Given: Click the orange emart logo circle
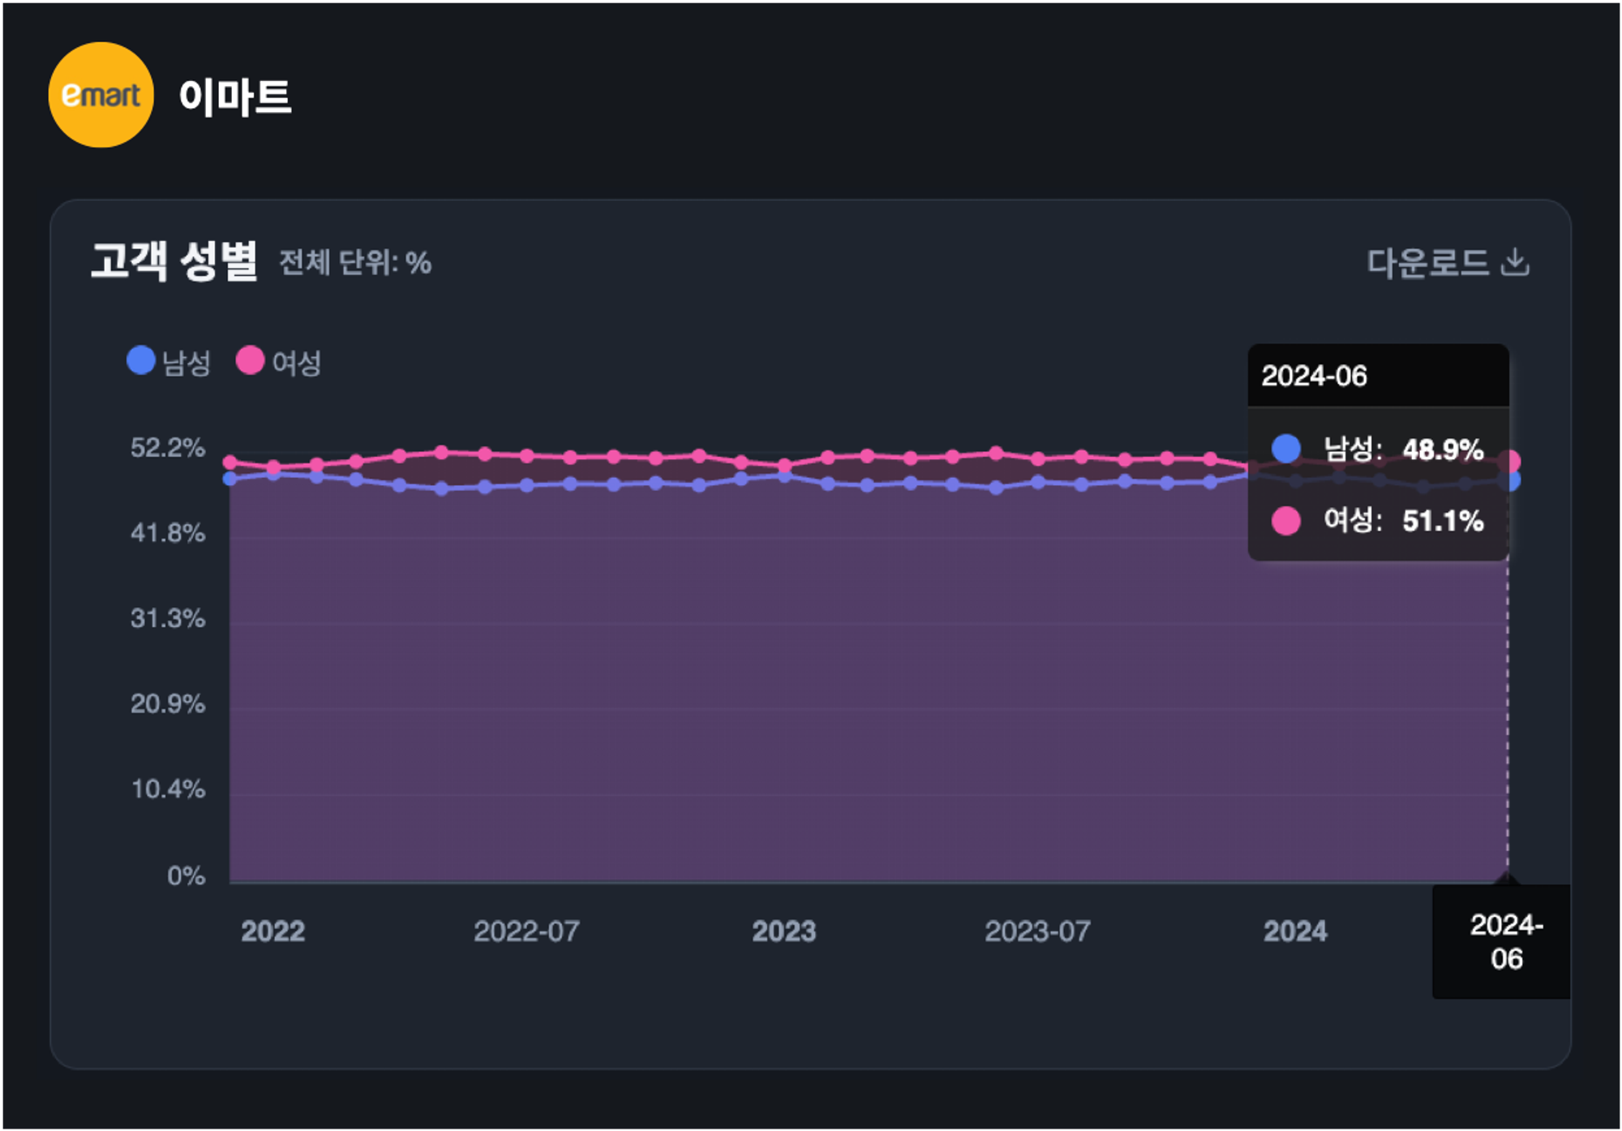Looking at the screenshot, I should pos(101,95).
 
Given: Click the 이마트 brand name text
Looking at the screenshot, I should pos(235,97).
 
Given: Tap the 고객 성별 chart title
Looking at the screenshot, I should pos(174,261).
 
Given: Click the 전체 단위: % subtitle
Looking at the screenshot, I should pos(355,263).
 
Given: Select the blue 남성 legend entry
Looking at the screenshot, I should pos(169,362).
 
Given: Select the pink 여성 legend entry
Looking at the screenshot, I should pos(280,362).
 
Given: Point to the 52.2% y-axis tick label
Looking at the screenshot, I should pos(168,448).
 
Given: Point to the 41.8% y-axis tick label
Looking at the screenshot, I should pos(168,533).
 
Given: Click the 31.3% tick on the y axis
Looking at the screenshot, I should pos(168,618).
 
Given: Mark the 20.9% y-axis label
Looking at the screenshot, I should pos(168,703).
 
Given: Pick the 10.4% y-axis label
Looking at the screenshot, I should pos(168,789).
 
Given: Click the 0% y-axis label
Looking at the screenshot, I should pos(186,875).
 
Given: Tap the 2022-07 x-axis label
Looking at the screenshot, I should pos(526,931).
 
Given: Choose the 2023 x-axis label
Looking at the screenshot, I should pos(783,931).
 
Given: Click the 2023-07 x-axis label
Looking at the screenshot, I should pos(1037,931).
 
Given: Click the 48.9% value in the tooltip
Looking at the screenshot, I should pos(1443,449).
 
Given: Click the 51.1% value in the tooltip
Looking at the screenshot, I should pos(1443,521).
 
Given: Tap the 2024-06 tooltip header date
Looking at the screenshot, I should pos(1314,376).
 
